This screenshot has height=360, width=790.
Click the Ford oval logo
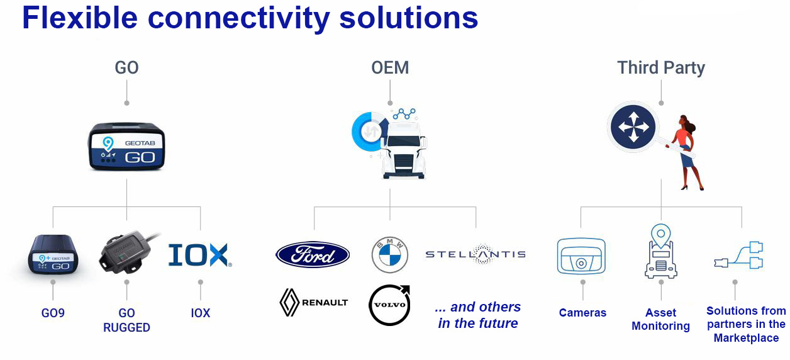pyautogui.click(x=313, y=254)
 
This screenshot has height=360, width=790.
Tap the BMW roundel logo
pyautogui.click(x=390, y=254)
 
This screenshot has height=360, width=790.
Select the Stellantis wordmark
pyautogui.click(x=476, y=254)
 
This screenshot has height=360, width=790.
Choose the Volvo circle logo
pyautogui.click(x=390, y=305)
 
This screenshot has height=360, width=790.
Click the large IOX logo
pyautogui.click(x=200, y=255)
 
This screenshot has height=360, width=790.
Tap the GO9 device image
pyautogui.click(x=53, y=254)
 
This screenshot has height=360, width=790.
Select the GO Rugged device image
pyautogui.click(x=127, y=252)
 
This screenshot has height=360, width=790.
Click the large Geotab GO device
pyautogui.click(x=126, y=146)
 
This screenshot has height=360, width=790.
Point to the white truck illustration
pyautogui.click(x=404, y=150)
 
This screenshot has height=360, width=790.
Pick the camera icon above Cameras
pyautogui.click(x=581, y=256)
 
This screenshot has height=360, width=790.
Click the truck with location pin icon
pyautogui.click(x=661, y=251)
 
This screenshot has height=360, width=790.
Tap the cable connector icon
pyautogui.click(x=738, y=256)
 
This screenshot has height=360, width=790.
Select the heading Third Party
pyautogui.click(x=661, y=67)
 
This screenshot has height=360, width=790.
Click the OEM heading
pyautogui.click(x=390, y=67)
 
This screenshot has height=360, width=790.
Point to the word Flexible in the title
pyautogui.click(x=80, y=18)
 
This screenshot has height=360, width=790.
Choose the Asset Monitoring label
pyautogui.click(x=660, y=320)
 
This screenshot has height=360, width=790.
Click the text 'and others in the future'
pyautogui.click(x=478, y=315)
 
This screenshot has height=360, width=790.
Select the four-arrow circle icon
pyautogui.click(x=633, y=127)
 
